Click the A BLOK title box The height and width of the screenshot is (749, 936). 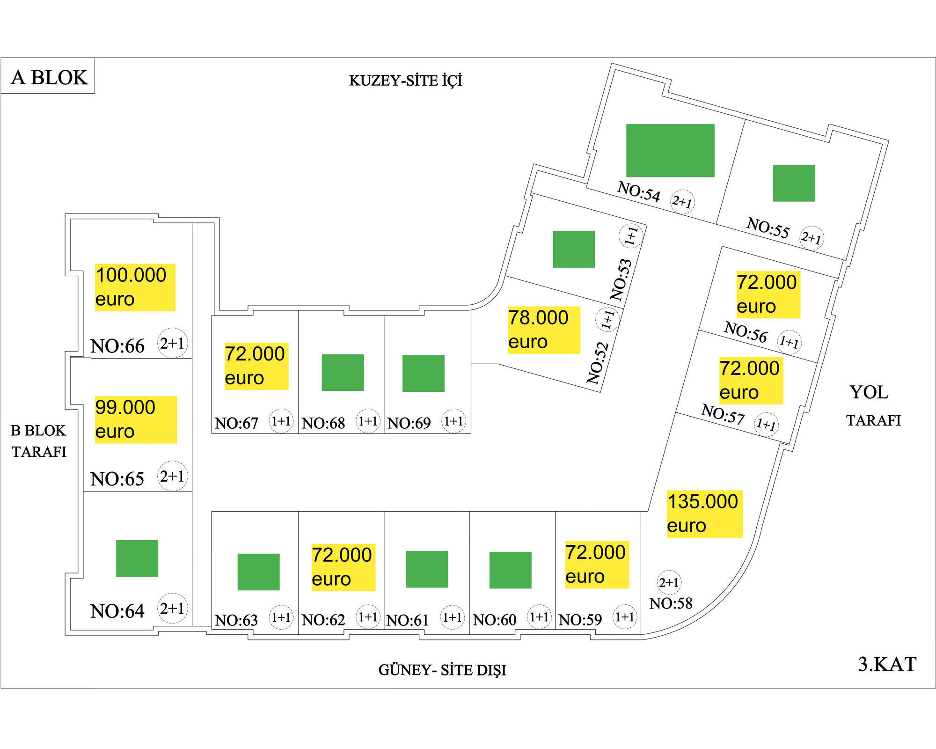49,77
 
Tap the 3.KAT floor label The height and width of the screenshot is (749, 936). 887,664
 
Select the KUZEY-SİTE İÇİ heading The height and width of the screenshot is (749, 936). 405,81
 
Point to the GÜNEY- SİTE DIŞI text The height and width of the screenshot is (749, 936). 442,670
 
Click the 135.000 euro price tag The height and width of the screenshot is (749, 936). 704,514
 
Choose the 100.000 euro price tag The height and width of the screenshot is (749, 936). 135,287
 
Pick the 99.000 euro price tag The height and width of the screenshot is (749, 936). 136,419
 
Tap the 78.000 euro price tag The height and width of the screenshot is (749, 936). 544,330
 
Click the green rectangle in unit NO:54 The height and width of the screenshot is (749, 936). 670,150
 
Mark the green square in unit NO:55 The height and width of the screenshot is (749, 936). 794,183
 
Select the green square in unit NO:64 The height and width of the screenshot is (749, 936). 137,558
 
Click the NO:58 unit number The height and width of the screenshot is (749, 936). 671,603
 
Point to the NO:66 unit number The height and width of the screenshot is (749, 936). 117,346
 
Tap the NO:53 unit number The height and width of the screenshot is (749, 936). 621,279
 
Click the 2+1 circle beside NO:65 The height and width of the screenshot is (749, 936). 172,476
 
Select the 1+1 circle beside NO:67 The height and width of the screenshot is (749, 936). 281,421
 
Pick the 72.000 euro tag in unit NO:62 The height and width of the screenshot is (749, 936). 343,567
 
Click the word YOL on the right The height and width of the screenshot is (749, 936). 869,392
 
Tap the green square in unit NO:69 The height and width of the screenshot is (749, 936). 423,373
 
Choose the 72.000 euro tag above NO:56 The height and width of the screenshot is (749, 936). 768,294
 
